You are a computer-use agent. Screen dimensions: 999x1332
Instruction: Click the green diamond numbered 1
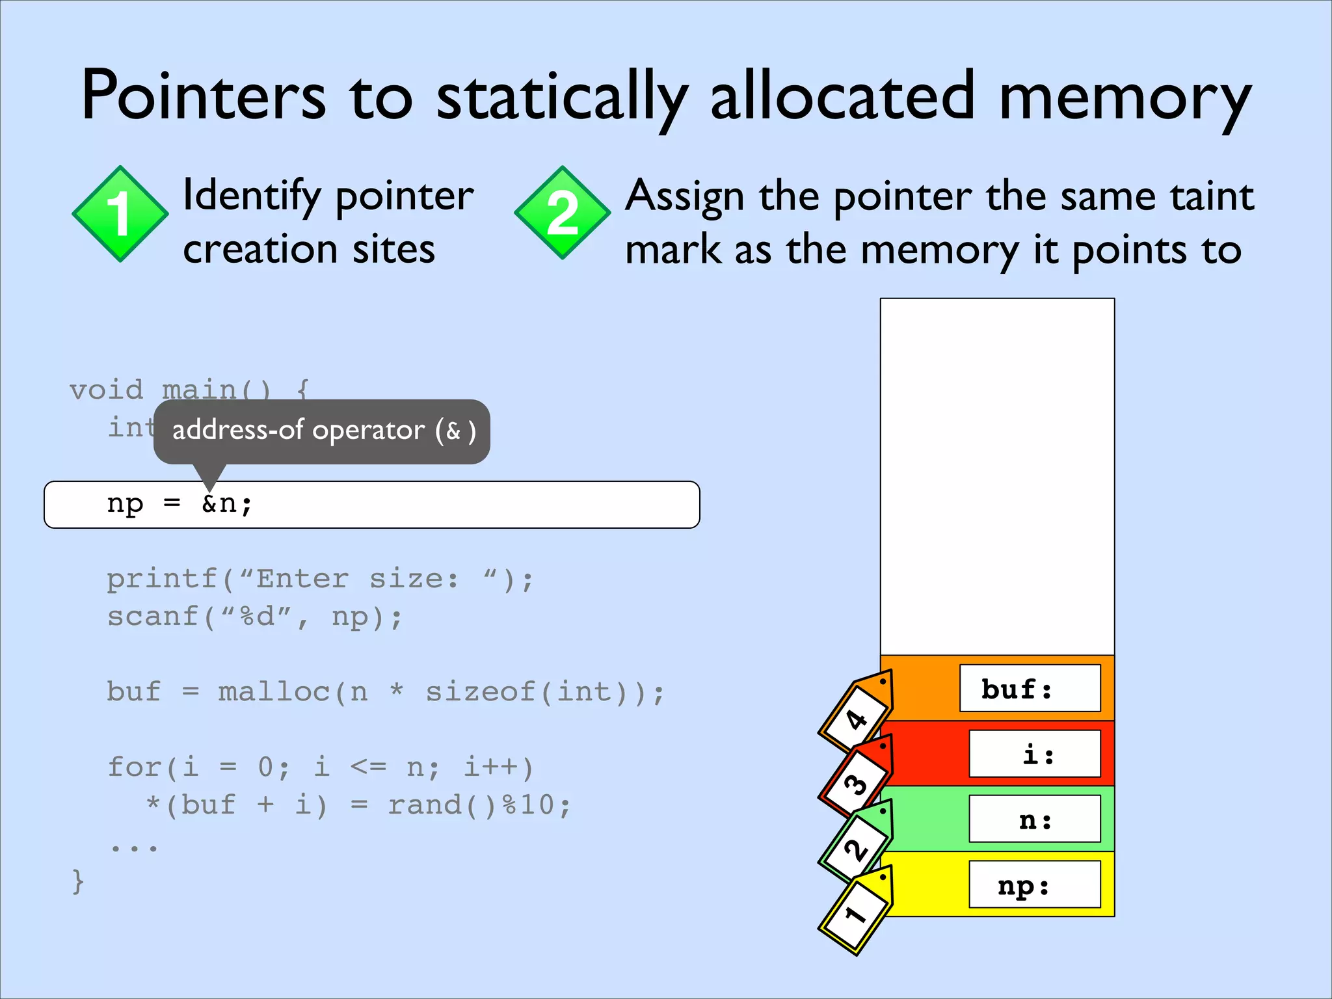point(120,214)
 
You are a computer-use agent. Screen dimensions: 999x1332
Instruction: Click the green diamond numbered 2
point(563,213)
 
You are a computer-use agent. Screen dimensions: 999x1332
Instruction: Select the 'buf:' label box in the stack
point(1030,688)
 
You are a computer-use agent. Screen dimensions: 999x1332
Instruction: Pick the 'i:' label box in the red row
point(1034,754)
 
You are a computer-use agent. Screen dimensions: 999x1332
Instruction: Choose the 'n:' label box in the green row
point(1034,819)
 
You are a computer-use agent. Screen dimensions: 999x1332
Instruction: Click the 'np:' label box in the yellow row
point(1034,885)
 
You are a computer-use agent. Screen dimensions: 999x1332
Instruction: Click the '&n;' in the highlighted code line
point(226,503)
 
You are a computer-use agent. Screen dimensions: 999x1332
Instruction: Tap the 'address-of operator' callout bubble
point(322,431)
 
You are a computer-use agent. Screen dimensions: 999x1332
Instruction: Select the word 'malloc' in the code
point(274,692)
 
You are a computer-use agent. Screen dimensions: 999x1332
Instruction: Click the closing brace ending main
point(78,882)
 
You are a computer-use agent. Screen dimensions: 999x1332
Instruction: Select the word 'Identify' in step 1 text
point(252,196)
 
